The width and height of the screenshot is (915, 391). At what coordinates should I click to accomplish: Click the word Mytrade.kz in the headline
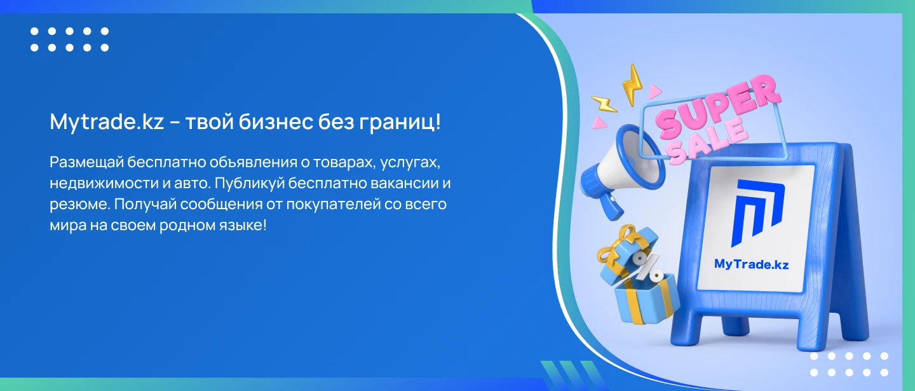tap(107, 122)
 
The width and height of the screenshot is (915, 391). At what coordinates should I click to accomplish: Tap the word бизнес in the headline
tap(275, 121)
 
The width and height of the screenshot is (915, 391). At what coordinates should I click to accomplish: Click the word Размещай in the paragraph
tap(86, 163)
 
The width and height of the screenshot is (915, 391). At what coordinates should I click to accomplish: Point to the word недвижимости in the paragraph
tap(104, 183)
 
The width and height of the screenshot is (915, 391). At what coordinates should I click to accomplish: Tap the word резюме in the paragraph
tap(79, 204)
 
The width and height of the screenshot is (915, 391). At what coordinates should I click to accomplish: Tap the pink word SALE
tap(710, 141)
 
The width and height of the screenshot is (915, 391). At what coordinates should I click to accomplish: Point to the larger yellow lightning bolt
tap(632, 85)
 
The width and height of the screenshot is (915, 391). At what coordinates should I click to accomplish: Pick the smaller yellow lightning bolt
tap(604, 104)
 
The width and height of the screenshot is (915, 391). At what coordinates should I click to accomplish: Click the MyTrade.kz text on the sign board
tap(751, 264)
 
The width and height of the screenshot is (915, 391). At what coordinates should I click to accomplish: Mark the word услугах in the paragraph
tap(410, 163)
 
